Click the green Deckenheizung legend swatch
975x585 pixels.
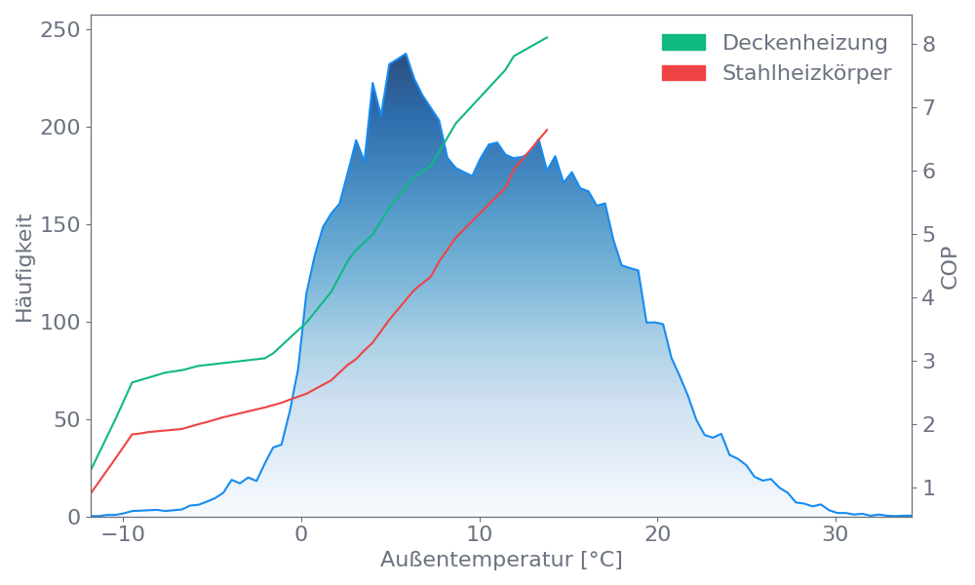(x=683, y=43)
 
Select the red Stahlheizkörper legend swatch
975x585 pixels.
(x=683, y=73)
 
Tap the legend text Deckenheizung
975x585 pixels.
(x=804, y=43)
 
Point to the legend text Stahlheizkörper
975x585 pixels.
(x=806, y=73)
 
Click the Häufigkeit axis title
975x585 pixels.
(x=24, y=268)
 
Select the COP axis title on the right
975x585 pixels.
(x=950, y=268)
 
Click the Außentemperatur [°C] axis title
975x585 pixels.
(x=501, y=561)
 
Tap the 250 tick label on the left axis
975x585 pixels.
(x=60, y=30)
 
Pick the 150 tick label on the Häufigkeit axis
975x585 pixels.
(x=60, y=225)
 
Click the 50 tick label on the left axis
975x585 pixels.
(x=66, y=420)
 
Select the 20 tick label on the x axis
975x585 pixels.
(x=657, y=535)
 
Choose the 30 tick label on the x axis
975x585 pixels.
(x=835, y=535)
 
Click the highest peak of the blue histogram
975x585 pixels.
(x=406, y=54)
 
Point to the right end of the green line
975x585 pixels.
(x=548, y=37)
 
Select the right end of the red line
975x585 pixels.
(x=548, y=129)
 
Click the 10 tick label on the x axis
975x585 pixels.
(x=479, y=535)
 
